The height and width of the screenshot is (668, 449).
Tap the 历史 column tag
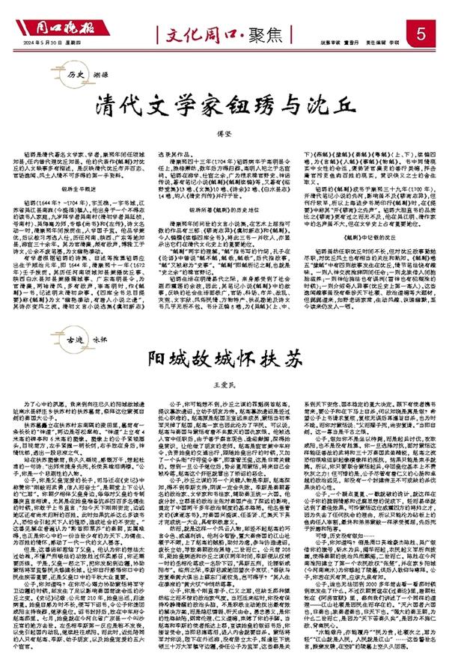click(73, 76)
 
